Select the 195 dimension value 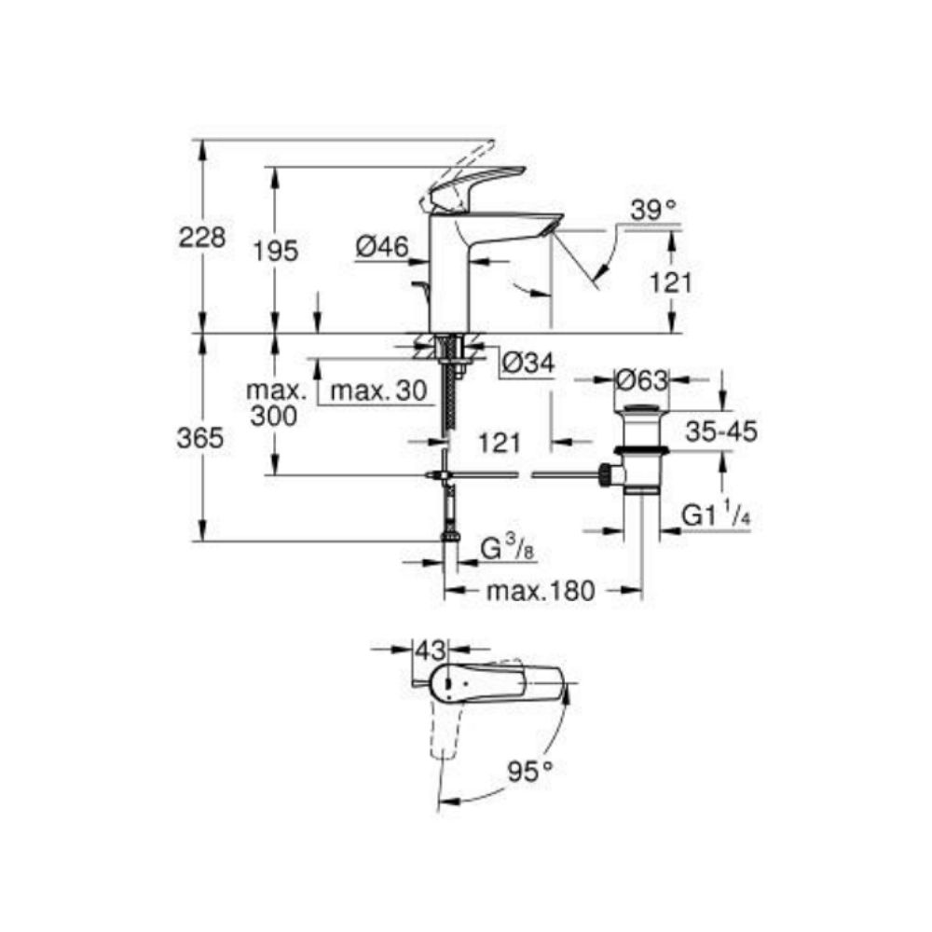point(276,250)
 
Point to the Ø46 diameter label point(382,247)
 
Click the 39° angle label point(652,212)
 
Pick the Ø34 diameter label point(527,363)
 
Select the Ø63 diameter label point(642,381)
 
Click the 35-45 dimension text point(720,432)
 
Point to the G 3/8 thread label point(509,549)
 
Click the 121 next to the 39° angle point(669,281)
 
